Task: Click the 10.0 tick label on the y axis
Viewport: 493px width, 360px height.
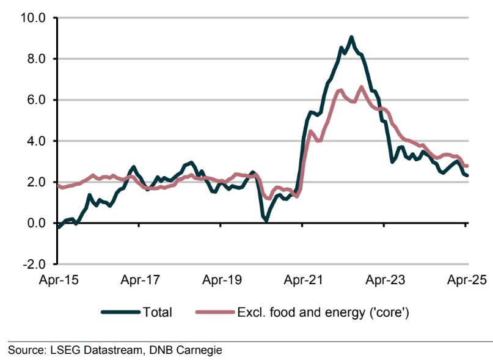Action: pos(34,18)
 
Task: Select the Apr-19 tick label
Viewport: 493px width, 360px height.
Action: pos(221,281)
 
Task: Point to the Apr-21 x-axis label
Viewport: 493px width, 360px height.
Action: pos(302,281)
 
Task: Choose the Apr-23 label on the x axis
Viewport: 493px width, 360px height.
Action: pos(384,281)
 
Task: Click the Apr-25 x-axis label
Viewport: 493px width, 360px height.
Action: pos(466,281)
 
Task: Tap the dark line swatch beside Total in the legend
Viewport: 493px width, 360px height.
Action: pos(120,312)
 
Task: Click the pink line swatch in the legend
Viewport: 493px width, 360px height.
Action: pos(214,312)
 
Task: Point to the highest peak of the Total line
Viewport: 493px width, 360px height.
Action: pos(351,37)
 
